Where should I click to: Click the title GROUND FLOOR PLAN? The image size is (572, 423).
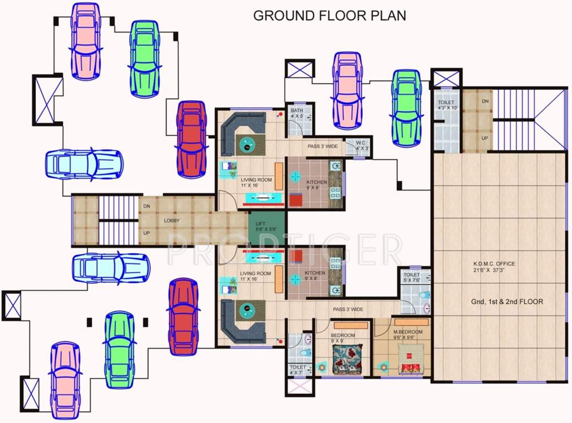click(x=329, y=15)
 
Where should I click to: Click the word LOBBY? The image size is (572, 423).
click(x=172, y=221)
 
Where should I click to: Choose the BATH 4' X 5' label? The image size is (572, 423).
click(x=297, y=113)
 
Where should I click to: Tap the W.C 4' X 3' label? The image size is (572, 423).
click(x=362, y=145)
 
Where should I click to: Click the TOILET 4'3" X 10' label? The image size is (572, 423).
click(x=446, y=105)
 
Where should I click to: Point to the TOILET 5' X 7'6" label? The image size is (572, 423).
click(x=412, y=277)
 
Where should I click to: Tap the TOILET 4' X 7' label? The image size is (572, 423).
click(x=297, y=370)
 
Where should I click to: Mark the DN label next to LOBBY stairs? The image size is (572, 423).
click(x=146, y=206)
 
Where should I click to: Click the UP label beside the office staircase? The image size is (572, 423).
click(x=485, y=137)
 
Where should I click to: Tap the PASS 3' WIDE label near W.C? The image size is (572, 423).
click(x=323, y=147)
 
